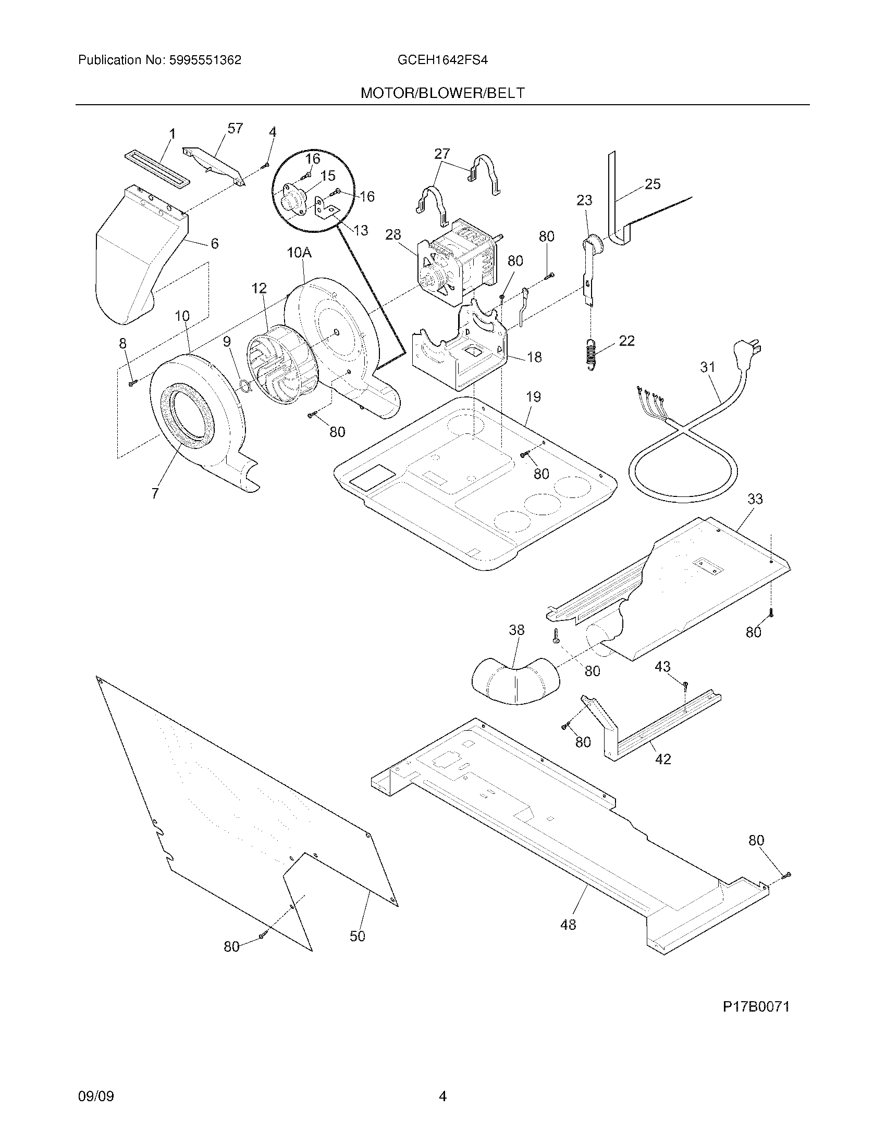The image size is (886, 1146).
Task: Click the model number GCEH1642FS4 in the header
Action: pyautogui.click(x=442, y=60)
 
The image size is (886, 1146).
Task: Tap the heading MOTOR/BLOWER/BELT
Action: pyautogui.click(x=442, y=93)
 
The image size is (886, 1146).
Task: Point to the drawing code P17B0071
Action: pyautogui.click(x=756, y=1006)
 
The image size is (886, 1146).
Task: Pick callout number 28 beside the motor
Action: pyautogui.click(x=393, y=234)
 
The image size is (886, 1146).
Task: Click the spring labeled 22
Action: pyautogui.click(x=590, y=355)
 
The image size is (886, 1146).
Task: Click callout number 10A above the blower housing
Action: pyautogui.click(x=299, y=253)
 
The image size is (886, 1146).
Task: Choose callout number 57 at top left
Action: pyautogui.click(x=235, y=128)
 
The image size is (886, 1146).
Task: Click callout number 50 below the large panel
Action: pyautogui.click(x=357, y=936)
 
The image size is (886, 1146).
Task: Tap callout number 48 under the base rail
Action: pyautogui.click(x=568, y=924)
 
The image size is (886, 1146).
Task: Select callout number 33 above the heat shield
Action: pyautogui.click(x=755, y=499)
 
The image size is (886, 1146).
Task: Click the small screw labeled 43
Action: pyautogui.click(x=685, y=684)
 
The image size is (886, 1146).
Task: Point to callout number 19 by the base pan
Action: pyautogui.click(x=533, y=397)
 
